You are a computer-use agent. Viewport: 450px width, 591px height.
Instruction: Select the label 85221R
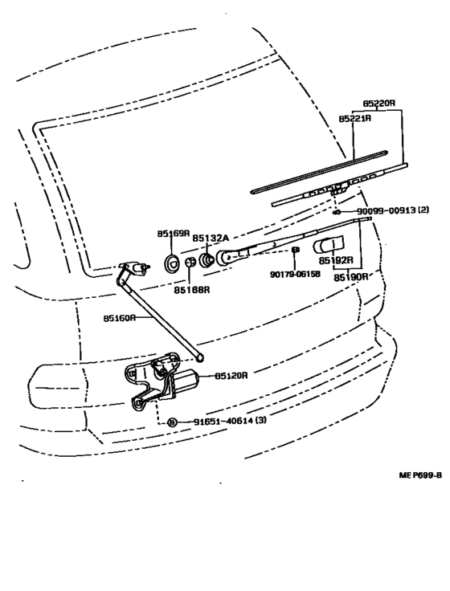coord(354,118)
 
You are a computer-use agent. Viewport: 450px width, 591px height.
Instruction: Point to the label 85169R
coord(173,234)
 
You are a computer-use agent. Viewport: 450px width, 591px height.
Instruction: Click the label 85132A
coord(211,238)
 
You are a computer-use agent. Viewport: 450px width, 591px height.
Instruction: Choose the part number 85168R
coord(194,290)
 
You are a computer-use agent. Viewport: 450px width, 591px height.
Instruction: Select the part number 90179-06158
coord(295,273)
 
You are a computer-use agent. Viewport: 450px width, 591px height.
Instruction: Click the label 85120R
coord(231,375)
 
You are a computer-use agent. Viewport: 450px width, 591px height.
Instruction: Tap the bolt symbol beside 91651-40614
coord(171,422)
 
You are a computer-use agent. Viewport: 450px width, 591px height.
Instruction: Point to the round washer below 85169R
coord(171,261)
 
